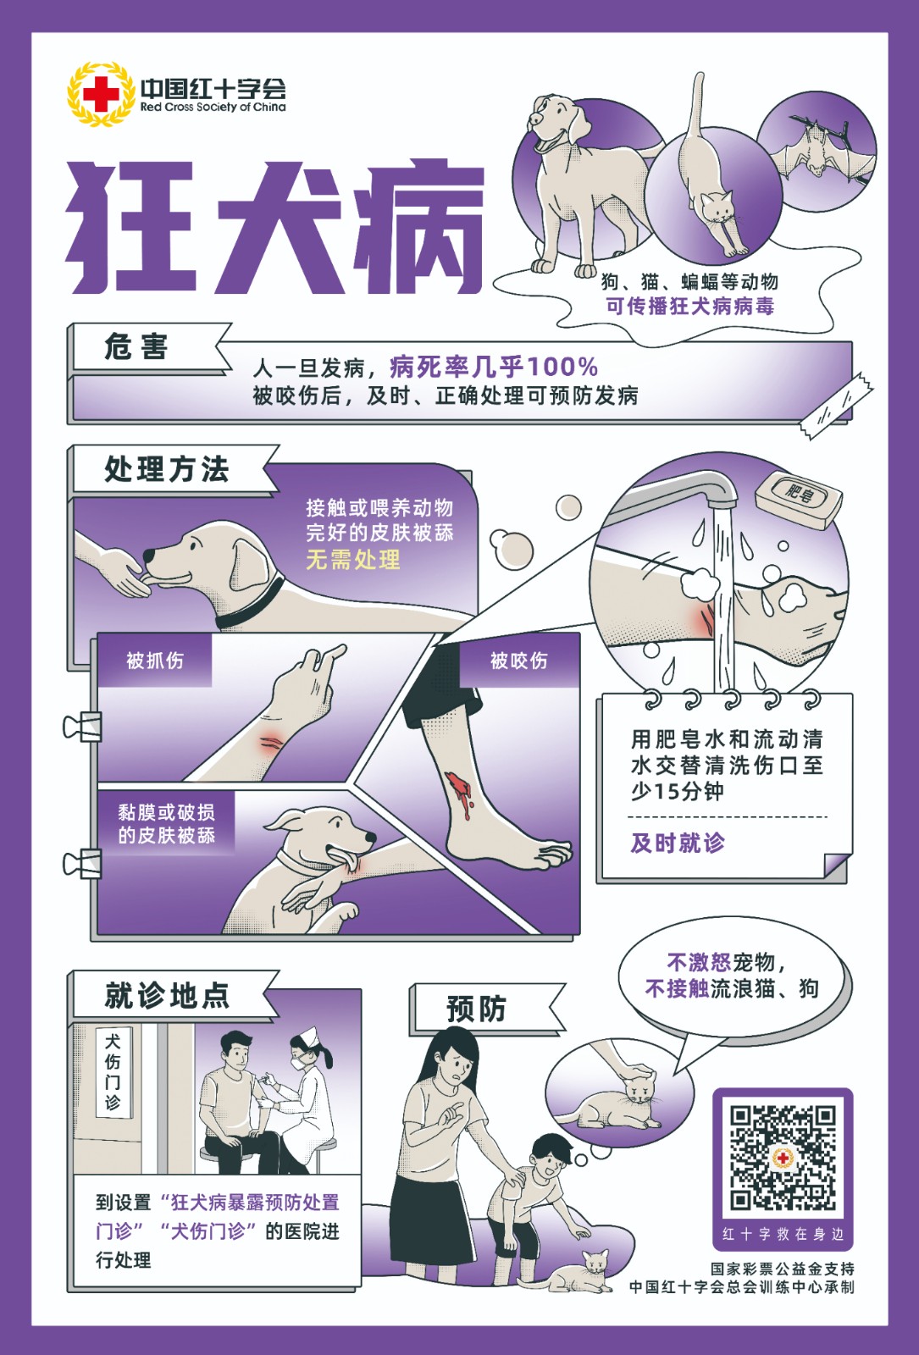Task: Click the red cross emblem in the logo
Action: [x=101, y=94]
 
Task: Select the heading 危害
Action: [x=136, y=347]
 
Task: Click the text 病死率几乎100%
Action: [x=494, y=367]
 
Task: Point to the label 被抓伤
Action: [x=155, y=661]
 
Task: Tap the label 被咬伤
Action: [x=519, y=661]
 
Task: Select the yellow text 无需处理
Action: [x=352, y=559]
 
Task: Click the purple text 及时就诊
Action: [x=678, y=843]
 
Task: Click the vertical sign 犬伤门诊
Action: [x=113, y=1073]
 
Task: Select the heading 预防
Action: [x=476, y=1009]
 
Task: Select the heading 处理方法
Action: [x=167, y=469]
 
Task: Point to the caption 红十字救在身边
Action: [x=783, y=1234]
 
